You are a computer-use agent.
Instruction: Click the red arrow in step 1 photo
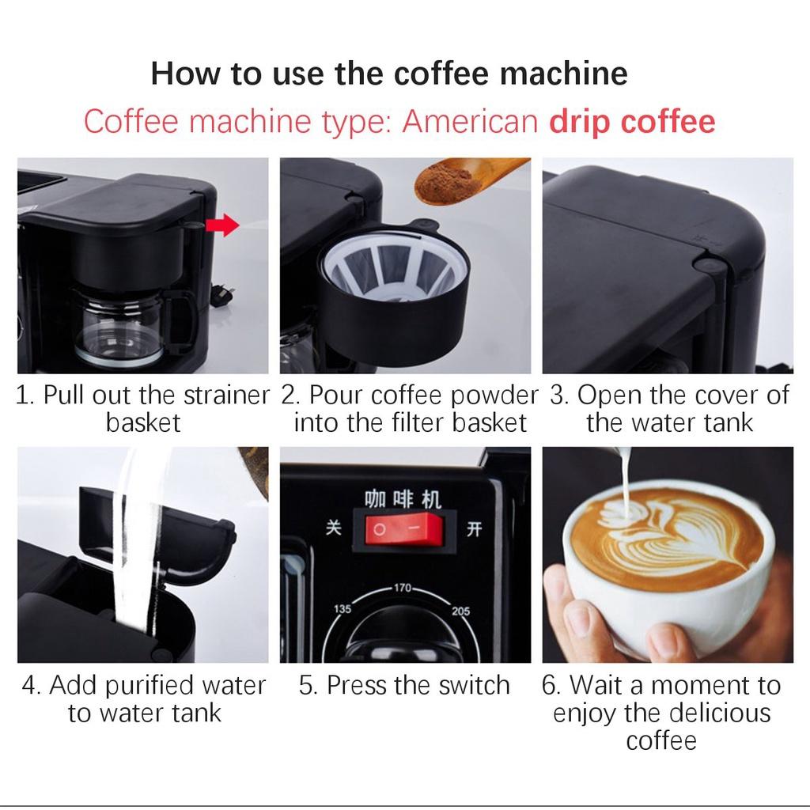coord(222,225)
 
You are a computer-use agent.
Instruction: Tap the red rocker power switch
coord(404,529)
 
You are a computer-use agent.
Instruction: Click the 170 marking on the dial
coord(403,588)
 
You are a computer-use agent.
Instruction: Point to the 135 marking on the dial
coord(342,609)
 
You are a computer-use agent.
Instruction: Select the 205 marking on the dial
coord(461,611)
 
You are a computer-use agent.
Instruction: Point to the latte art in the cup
coord(666,535)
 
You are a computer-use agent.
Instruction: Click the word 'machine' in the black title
coord(563,73)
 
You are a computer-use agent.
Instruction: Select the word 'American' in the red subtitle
coord(470,122)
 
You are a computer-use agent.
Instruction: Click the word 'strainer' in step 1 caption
coord(226,396)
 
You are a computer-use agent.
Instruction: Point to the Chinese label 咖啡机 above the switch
coord(403,499)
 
